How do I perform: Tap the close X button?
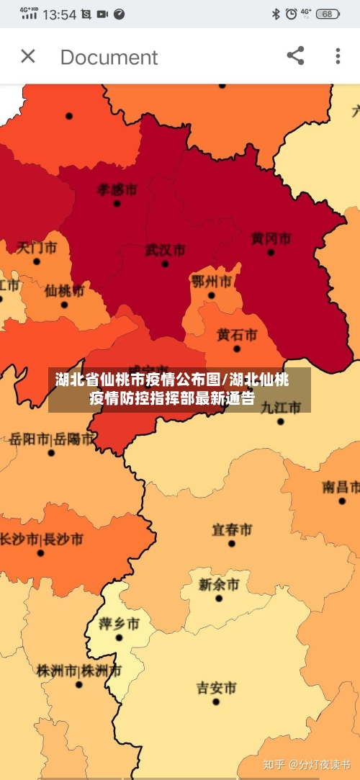(28, 56)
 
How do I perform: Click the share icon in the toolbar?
(295, 56)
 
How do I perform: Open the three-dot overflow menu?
(338, 56)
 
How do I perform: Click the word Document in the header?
(109, 57)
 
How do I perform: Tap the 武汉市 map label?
(165, 250)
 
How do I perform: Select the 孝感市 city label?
(117, 189)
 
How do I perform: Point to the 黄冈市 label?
(271, 238)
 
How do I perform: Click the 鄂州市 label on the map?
(211, 280)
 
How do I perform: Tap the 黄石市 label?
(237, 334)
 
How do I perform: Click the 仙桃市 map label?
(64, 290)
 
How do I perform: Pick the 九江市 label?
(280, 407)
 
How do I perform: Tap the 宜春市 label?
(231, 529)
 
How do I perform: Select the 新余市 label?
(218, 583)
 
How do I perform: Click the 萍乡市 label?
(119, 623)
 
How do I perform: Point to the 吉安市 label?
(216, 687)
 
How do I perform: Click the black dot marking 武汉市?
(165, 264)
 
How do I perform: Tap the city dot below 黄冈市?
(271, 252)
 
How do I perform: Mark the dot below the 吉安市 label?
(216, 701)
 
